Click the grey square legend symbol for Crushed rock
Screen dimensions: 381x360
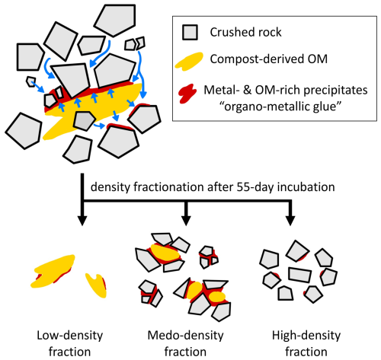coord(190,32)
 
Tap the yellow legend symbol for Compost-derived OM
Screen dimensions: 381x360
coord(189,61)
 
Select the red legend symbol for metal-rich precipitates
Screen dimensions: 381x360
coord(187,94)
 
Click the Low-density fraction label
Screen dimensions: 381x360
coord(70,343)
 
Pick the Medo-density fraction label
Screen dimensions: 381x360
coord(185,343)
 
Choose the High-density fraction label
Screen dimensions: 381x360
coord(306,343)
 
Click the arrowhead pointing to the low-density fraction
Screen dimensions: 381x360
coord(82,221)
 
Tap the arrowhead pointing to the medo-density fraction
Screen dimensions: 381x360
coord(186,221)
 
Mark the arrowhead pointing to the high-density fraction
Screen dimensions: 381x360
coord(290,221)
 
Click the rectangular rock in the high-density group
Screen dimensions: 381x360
coord(299,275)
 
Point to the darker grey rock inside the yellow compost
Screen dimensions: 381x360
coord(84,121)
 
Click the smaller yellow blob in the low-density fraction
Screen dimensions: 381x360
coord(96,285)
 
